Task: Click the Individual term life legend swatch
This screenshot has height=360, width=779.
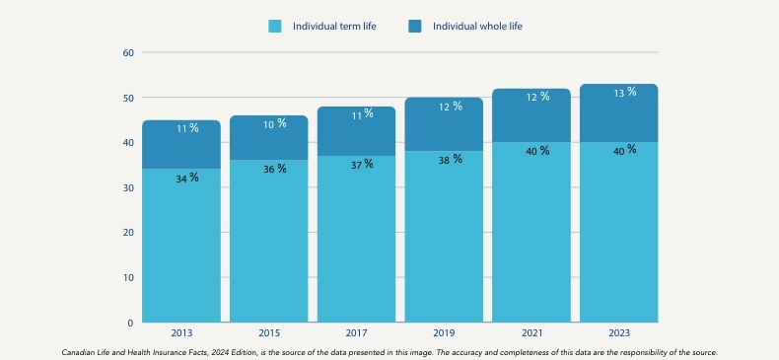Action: point(275,26)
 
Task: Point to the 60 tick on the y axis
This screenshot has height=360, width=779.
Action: point(128,52)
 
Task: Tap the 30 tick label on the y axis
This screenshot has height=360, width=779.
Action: point(128,187)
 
